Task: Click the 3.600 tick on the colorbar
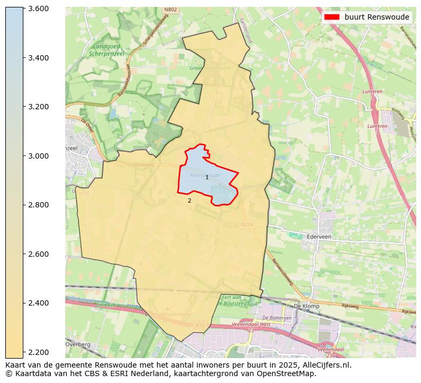pyautogui.click(x=38, y=8)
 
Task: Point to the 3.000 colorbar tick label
pyautogui.click(x=38, y=156)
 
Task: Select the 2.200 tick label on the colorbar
pyautogui.click(x=38, y=352)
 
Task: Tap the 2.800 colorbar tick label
pyautogui.click(x=38, y=205)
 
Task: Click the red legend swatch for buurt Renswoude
pyautogui.click(x=332, y=17)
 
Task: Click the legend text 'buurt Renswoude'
pyautogui.click(x=376, y=17)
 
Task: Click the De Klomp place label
pyautogui.click(x=305, y=306)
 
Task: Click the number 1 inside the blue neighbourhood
pyautogui.click(x=207, y=178)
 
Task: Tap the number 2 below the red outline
pyautogui.click(x=189, y=201)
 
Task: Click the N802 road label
pyautogui.click(x=170, y=10)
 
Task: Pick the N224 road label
pyautogui.click(x=247, y=224)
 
